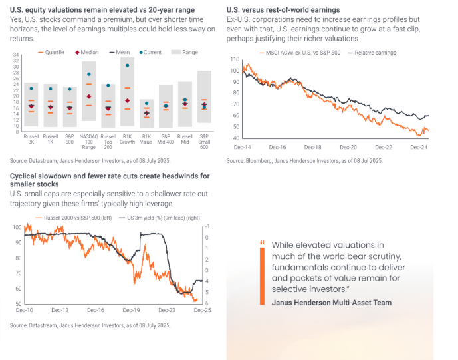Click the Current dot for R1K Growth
coord(127,65)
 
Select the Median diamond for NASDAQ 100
coord(89,96)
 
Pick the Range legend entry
coord(182,52)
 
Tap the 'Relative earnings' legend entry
coord(372,52)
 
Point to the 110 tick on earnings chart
coord(234,59)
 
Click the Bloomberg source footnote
coord(304,161)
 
